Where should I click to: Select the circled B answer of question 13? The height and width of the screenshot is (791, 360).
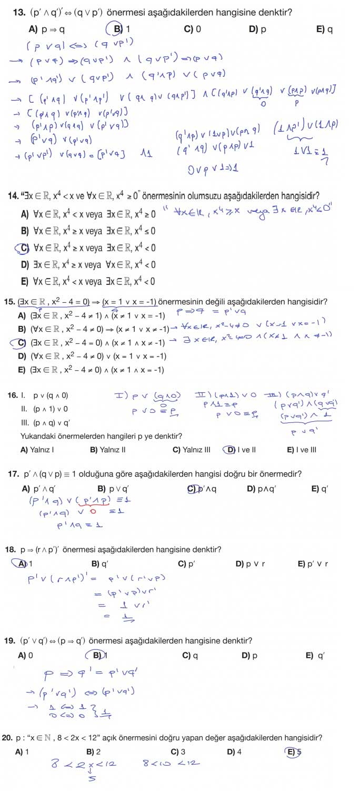point(118,29)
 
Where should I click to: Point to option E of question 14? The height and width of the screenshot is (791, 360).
point(24,281)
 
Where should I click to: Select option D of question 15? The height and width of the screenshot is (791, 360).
point(22,356)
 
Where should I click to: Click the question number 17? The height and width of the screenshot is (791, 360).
point(14,473)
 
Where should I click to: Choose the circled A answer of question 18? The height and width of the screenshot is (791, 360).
point(23,563)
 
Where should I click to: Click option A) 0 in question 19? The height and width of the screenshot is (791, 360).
point(25,656)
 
